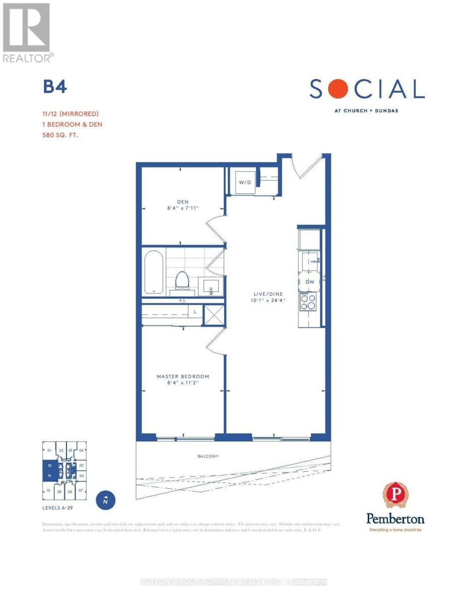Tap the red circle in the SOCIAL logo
341,90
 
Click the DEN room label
183,202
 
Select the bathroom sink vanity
210,285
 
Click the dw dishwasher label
309,281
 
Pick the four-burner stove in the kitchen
308,301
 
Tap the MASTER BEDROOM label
182,376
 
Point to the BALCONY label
208,456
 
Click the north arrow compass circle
105,501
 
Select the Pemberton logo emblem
395,495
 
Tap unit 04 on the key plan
81,450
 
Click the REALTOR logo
27,33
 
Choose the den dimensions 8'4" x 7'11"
183,209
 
